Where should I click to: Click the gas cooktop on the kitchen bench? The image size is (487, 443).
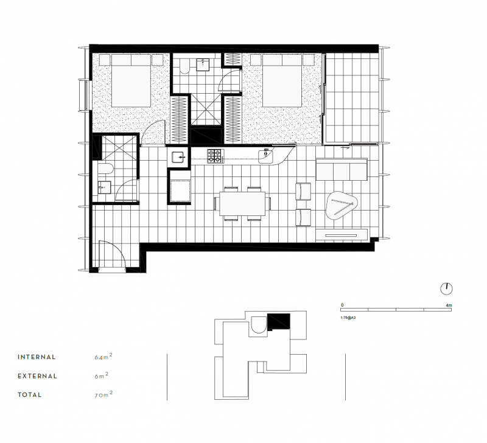[215, 156]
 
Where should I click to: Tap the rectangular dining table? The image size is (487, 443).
[242, 204]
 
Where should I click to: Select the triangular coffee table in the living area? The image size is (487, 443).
[342, 205]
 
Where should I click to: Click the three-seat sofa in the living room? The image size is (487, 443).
[342, 169]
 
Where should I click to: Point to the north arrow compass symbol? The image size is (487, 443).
[447, 288]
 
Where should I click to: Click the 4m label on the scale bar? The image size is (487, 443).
[449, 305]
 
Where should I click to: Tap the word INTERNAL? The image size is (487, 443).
[37, 357]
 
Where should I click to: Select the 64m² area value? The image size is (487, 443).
[103, 357]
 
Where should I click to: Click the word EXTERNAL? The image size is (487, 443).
[37, 376]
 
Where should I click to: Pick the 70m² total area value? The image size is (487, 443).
[103, 394]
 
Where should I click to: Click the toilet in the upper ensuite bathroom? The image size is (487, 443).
[184, 66]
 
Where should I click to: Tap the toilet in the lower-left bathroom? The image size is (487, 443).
[105, 169]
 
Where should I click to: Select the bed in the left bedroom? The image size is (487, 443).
[131, 81]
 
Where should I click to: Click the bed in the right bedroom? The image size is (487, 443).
[282, 81]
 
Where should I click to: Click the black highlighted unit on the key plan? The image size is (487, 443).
[279, 321]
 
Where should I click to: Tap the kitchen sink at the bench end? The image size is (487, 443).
[265, 156]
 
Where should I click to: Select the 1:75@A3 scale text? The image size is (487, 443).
[348, 318]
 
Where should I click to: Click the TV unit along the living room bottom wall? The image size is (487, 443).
[342, 235]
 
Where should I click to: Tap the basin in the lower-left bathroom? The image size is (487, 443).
[104, 188]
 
